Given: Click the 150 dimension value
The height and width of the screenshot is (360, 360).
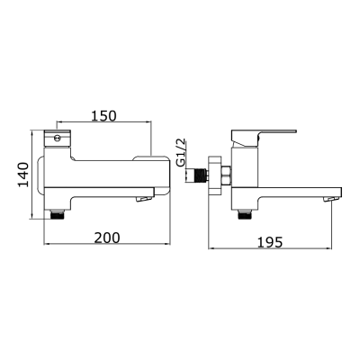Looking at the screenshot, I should [x=103, y=117].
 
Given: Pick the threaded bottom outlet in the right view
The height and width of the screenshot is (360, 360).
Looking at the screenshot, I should [x=244, y=214].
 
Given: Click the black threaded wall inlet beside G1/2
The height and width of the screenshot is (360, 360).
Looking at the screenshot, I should [x=193, y=175].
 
